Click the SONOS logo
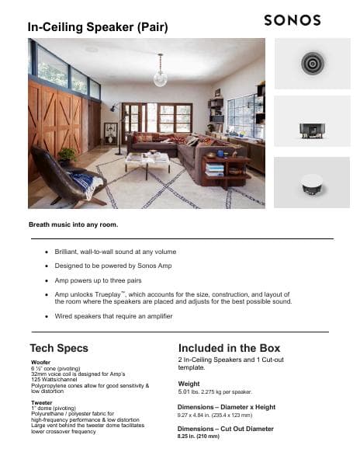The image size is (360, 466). [298, 20]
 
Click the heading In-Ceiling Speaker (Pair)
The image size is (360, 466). [98, 27]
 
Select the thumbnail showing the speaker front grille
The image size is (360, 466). [312, 63]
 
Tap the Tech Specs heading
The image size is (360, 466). [59, 348]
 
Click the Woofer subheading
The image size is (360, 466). [40, 363]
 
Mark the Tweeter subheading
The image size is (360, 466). [42, 402]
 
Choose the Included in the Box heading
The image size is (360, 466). [229, 348]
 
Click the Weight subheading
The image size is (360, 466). [189, 384]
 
